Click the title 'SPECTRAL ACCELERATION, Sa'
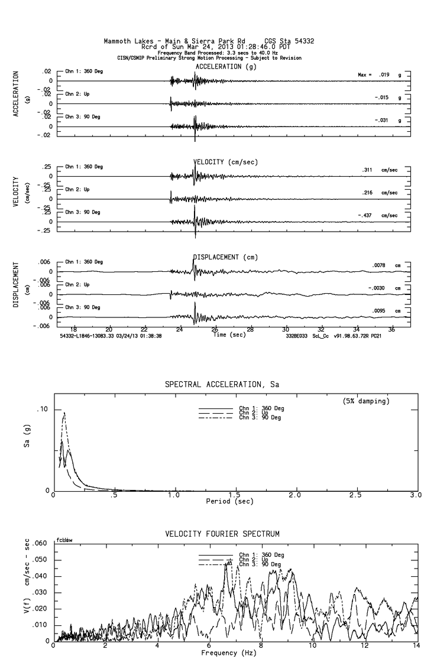tap(222, 385)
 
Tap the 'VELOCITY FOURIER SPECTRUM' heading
tap(222, 534)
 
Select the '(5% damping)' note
tap(365, 401)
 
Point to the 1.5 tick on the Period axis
tap(234, 495)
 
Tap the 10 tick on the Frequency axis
tap(313, 646)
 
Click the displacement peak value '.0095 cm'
tap(386, 310)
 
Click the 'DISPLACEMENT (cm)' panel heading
tap(225, 257)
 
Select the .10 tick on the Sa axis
tap(43, 410)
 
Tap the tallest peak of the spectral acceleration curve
tap(64, 413)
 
